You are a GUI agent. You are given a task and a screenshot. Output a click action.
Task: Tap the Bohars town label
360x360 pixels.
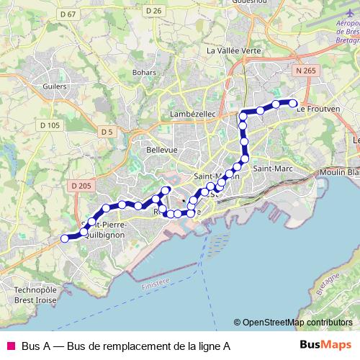144,72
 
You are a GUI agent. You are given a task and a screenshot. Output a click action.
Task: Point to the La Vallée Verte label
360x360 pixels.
233,50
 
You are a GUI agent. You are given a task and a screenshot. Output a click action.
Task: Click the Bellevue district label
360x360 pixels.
162,149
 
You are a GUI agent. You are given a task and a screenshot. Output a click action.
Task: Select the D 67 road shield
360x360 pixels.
68,14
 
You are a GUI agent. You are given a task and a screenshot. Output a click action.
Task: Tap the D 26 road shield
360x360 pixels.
153,10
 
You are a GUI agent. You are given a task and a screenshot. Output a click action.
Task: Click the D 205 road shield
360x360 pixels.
83,186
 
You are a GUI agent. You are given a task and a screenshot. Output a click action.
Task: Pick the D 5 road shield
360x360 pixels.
107,131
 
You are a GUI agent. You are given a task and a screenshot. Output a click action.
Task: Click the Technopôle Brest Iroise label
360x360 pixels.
34,294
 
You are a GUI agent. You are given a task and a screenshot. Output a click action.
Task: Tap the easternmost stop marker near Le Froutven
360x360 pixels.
294,103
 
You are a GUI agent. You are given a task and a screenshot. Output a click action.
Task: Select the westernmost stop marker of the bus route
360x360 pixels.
64,238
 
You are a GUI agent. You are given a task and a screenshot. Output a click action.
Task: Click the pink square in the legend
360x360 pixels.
10,346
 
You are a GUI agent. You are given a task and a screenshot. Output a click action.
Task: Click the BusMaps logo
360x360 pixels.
325,345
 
